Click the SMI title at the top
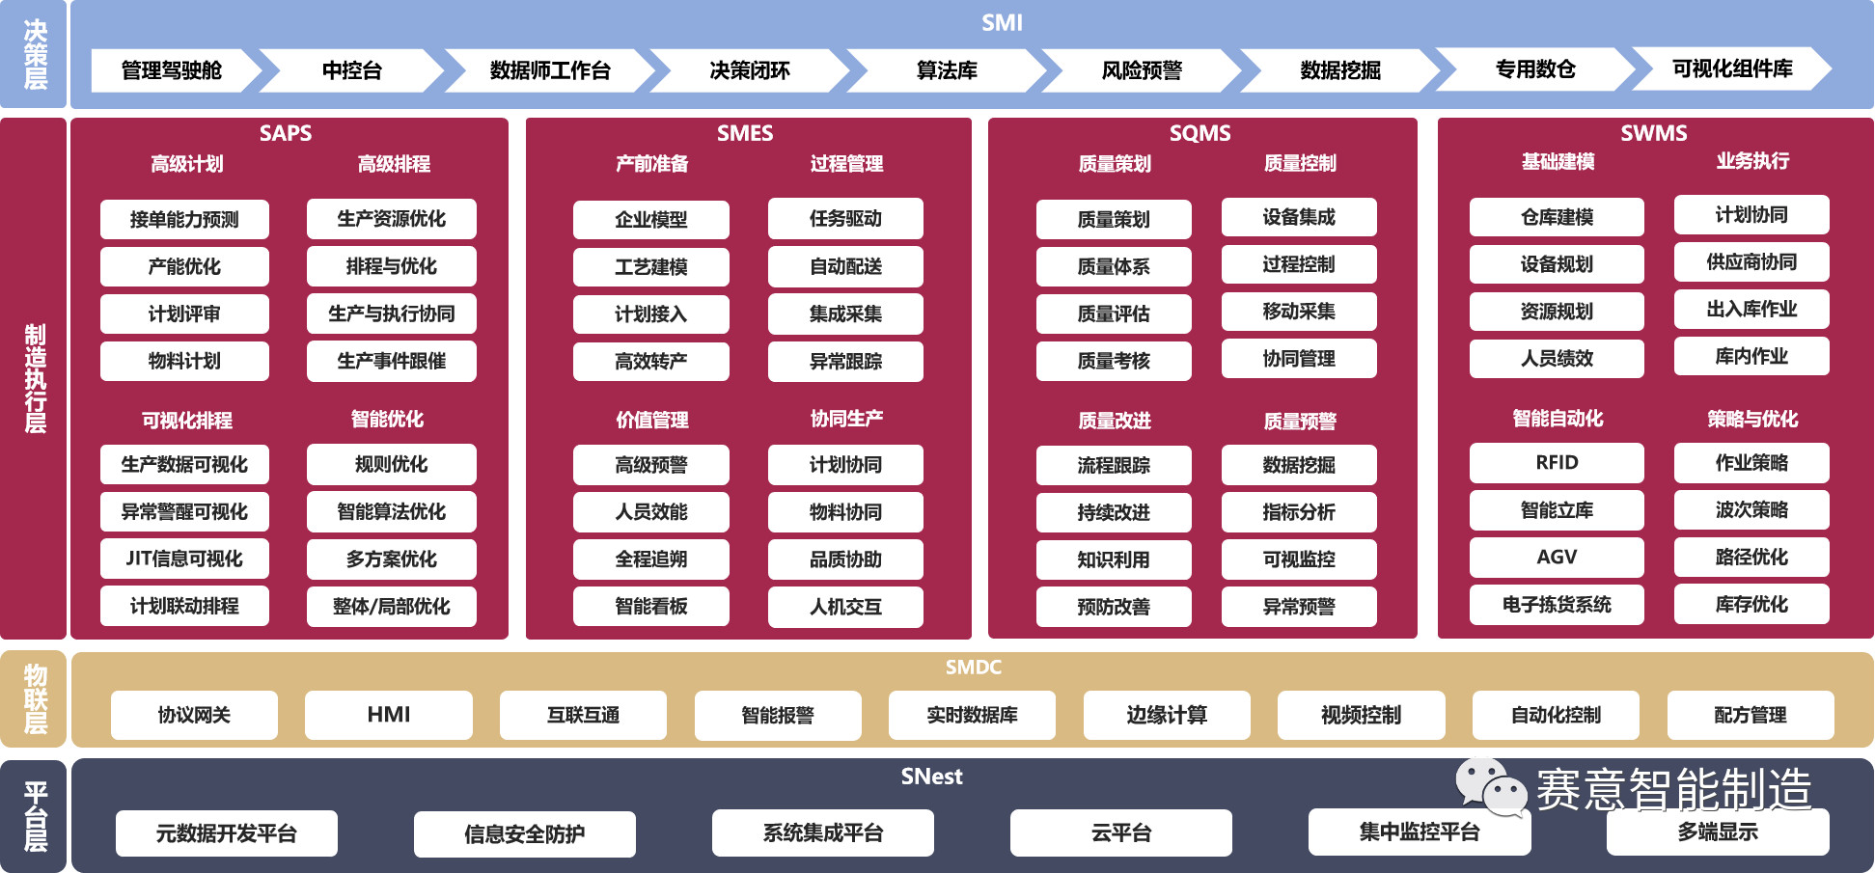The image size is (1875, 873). tap(1002, 23)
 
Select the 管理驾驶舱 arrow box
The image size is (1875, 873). tap(172, 70)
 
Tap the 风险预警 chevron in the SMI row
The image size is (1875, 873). tap(1143, 70)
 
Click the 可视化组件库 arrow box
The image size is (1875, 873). tap(1732, 69)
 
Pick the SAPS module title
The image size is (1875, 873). tap(286, 133)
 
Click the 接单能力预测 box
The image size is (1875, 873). tap(184, 220)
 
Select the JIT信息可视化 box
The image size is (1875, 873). tap(184, 559)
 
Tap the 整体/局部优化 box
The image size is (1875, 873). tap(391, 607)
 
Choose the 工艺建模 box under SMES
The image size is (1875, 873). tap(651, 267)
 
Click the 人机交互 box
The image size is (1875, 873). tap(845, 607)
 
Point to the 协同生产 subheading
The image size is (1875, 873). tap(846, 419)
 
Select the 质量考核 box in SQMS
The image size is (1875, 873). tap(1114, 361)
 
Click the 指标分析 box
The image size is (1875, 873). tap(1299, 512)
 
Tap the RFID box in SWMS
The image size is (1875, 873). tap(1557, 463)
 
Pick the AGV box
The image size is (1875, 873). tap(1557, 557)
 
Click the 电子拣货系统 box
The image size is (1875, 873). tap(1557, 605)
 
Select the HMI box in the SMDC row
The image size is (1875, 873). tap(389, 715)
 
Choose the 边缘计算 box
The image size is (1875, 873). tap(1167, 715)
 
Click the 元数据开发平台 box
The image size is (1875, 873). tap(227, 833)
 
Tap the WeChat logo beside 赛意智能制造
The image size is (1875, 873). tap(1491, 786)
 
